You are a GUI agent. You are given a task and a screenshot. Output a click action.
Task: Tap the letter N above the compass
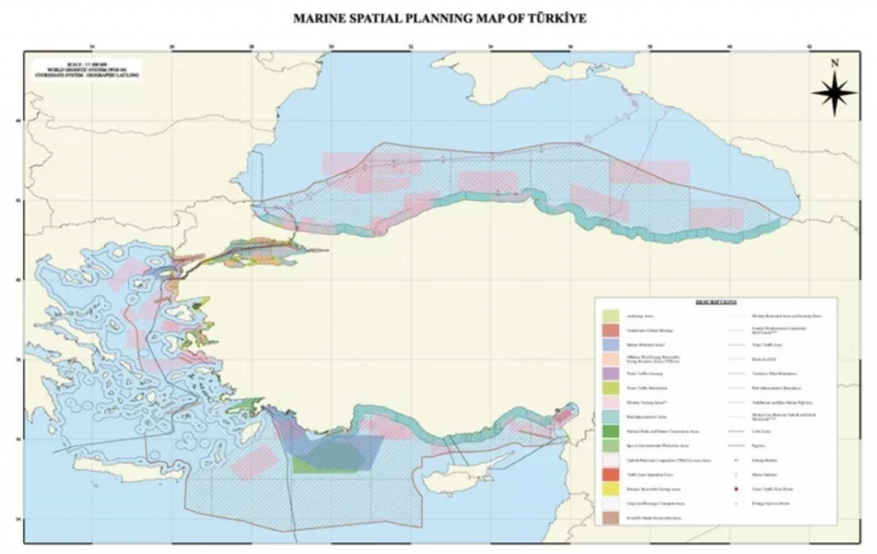click(834, 64)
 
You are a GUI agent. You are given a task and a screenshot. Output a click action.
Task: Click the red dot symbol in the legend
click(735, 488)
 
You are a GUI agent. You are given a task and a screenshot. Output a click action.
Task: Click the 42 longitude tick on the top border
click(810, 47)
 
